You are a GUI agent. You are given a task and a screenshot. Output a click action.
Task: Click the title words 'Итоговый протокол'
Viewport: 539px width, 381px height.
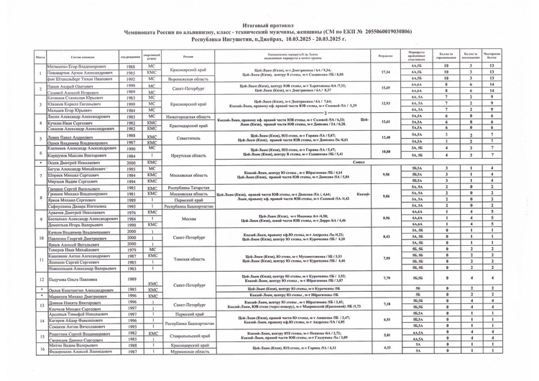point(269,25)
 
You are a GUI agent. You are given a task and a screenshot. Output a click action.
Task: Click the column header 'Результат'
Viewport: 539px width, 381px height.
point(385,56)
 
